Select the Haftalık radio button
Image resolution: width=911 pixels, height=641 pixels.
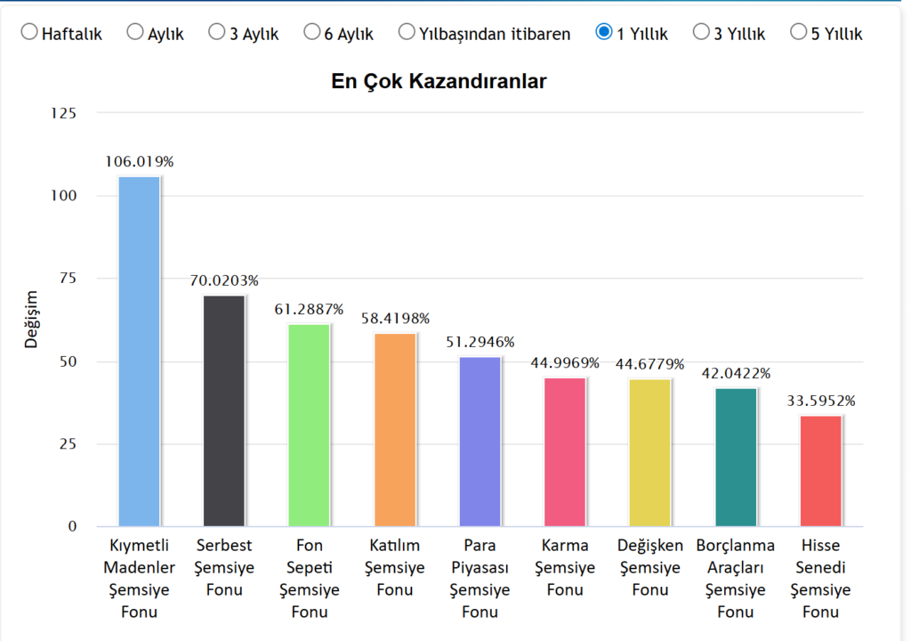pos(29,33)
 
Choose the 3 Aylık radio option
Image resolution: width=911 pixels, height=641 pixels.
pos(217,33)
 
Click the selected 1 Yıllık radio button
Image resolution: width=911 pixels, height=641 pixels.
pos(604,33)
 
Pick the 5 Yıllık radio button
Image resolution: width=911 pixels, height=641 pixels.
pos(798,33)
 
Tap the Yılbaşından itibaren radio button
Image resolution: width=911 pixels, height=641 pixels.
pos(407,33)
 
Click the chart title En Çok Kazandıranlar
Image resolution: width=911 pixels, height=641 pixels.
pos(439,82)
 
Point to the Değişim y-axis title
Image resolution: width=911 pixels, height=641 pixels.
pos(32,319)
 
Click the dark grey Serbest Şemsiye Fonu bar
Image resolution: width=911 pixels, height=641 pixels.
pos(224,410)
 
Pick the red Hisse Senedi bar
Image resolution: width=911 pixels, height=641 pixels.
pos(820,471)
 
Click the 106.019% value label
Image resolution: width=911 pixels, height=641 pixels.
pos(139,162)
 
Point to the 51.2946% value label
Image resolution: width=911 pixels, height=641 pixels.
pos(480,343)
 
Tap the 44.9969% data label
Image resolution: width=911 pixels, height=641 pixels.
pos(565,363)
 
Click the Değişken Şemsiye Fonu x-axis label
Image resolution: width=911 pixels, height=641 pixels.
pos(650,567)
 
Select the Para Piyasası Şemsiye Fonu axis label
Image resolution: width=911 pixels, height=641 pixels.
pos(480,578)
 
